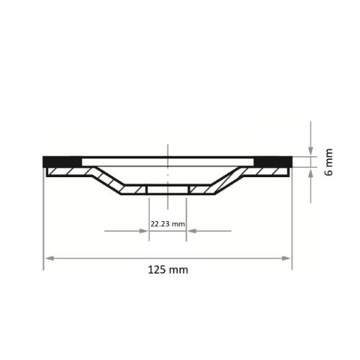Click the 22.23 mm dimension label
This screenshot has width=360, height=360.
[x=167, y=224]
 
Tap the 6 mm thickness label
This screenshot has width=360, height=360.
[x=329, y=162]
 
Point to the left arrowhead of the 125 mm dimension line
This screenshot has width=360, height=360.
[x=48, y=257]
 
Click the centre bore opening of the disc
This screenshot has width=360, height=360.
[x=167, y=189]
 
